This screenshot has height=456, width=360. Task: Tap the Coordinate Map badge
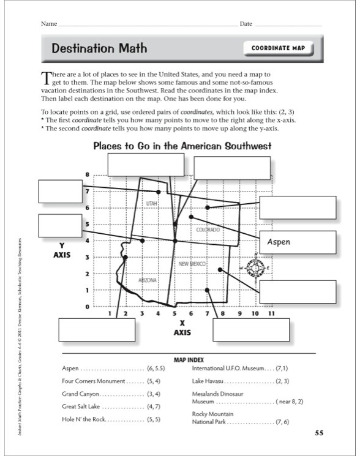tap(278, 48)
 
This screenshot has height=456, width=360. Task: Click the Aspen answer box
tap(298, 242)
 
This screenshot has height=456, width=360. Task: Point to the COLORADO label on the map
tap(208, 230)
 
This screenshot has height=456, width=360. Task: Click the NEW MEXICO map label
tap(193, 263)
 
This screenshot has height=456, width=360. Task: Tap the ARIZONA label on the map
tap(148, 280)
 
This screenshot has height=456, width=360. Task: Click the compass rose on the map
tap(257, 267)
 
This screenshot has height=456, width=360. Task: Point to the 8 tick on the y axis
tap(88, 174)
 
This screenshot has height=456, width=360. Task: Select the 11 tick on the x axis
tap(271, 313)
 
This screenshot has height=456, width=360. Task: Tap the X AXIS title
tap(182, 327)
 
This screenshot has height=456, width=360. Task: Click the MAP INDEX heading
tap(189, 360)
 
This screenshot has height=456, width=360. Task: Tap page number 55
tap(318, 433)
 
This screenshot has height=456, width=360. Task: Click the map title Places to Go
tap(182, 146)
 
